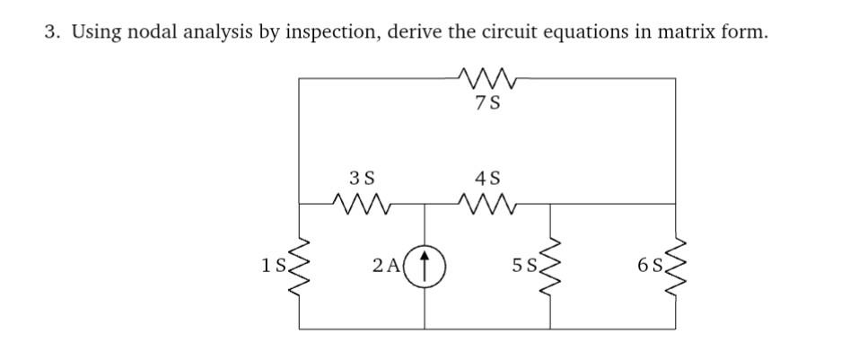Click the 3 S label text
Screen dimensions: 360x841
[x=361, y=178]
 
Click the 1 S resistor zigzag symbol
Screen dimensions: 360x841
[x=299, y=267]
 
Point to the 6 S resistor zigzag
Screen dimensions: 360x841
[x=675, y=267]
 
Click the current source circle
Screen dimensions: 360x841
[x=424, y=267]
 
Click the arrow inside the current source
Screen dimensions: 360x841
[x=424, y=266]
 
